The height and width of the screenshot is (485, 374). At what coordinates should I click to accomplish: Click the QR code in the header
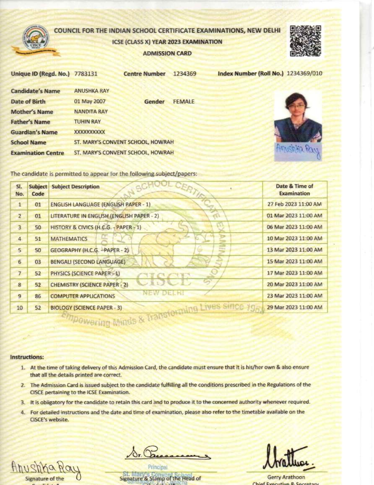click(x=305, y=41)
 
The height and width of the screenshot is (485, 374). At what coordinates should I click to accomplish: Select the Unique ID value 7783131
click(x=86, y=74)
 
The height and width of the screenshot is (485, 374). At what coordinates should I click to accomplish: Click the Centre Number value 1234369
click(x=184, y=74)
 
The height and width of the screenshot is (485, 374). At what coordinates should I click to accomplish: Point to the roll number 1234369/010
click(x=304, y=73)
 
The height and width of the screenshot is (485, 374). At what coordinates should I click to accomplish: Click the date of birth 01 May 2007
click(x=90, y=101)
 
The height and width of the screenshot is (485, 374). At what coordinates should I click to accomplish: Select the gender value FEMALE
click(x=184, y=102)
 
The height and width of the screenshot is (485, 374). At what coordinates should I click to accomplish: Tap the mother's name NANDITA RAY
click(x=91, y=112)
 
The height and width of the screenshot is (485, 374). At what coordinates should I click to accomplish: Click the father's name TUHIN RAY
click(x=87, y=122)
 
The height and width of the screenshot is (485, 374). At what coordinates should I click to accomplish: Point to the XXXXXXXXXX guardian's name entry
click(x=89, y=132)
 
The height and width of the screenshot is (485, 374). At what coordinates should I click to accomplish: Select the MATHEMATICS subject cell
click(x=69, y=239)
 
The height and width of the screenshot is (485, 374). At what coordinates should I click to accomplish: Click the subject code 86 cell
click(x=38, y=296)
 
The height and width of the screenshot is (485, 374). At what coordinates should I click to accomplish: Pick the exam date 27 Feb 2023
click(x=294, y=204)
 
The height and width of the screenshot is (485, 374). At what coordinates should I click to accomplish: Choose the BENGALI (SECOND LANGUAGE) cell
click(x=88, y=262)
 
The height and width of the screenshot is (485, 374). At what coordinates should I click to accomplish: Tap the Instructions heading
click(x=27, y=357)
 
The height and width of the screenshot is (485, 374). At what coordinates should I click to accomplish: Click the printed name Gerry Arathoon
click(x=286, y=477)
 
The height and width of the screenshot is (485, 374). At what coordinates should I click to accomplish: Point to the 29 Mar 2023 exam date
click(x=294, y=307)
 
